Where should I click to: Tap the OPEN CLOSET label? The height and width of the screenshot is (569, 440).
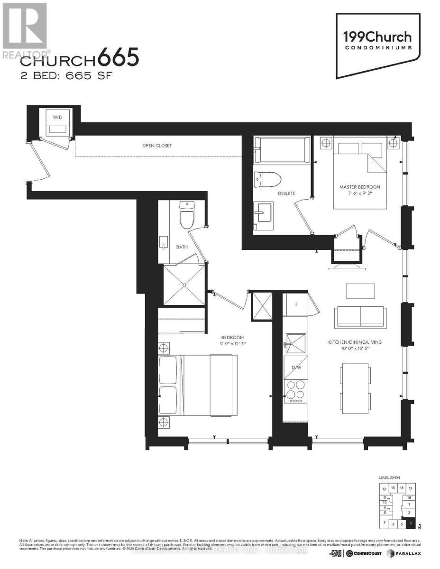click(x=157, y=146)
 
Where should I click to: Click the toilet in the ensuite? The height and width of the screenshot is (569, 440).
click(x=268, y=179)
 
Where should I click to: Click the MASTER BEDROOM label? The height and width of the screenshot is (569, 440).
click(x=359, y=187)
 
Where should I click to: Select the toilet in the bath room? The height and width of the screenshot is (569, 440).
click(x=187, y=216)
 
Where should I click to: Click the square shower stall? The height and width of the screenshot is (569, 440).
click(x=184, y=285)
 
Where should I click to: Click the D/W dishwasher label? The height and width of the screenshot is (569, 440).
click(x=296, y=367)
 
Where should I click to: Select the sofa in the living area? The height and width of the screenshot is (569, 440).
click(x=360, y=316)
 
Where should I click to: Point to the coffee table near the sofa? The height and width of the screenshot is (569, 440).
click(x=360, y=291)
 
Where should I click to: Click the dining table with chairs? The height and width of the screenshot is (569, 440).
click(x=355, y=381)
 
